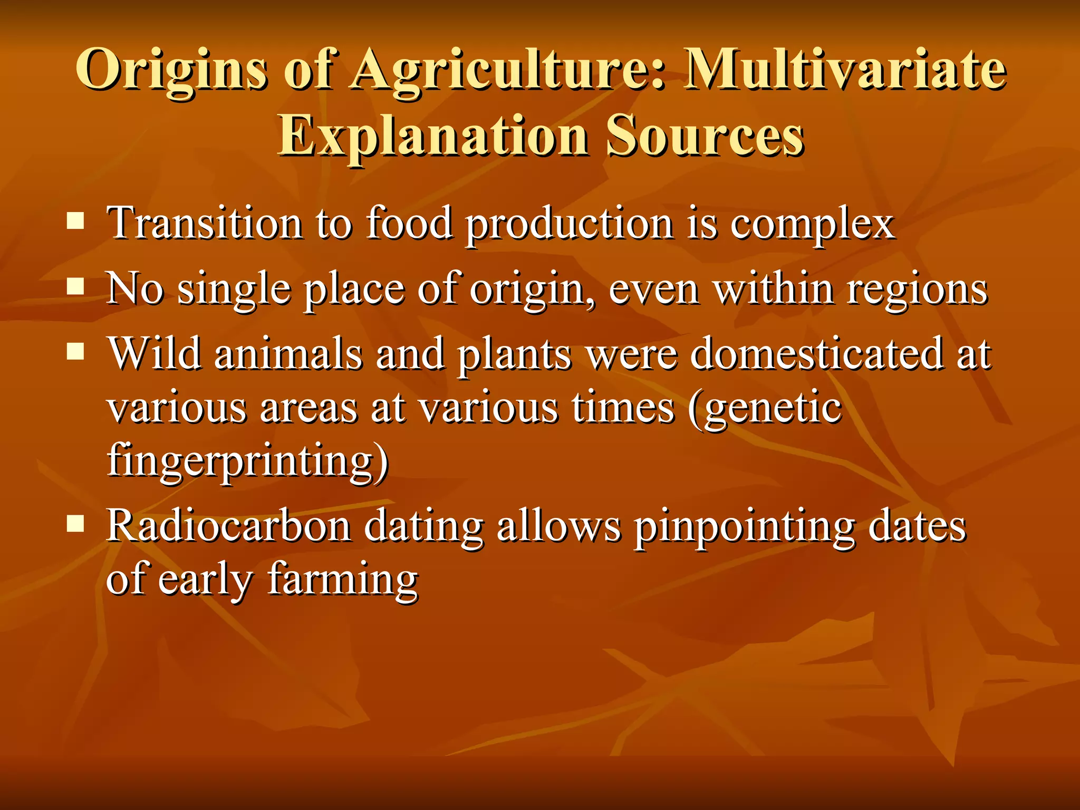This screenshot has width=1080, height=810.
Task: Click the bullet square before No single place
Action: pos(76,287)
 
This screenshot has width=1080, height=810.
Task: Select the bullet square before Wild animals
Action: pos(76,351)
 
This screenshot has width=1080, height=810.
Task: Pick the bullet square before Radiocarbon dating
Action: pos(76,524)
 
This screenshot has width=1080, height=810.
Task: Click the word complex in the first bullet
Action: pos(813,225)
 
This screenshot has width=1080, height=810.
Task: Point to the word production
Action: pos(570,225)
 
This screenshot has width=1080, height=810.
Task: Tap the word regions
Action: pos(917,291)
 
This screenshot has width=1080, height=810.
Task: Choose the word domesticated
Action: pos(817,353)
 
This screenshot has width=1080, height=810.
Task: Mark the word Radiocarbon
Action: pos(229,526)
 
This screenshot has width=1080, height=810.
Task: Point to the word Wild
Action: pos(155,353)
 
